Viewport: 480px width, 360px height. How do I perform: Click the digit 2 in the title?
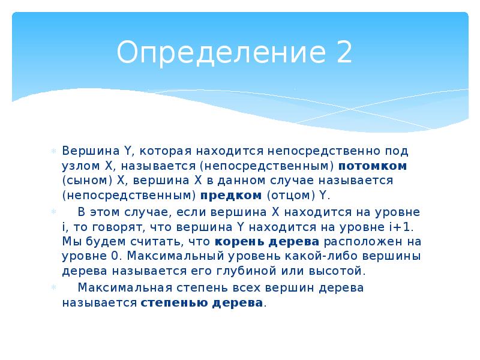pos(343,52)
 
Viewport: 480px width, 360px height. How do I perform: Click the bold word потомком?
pos(373,165)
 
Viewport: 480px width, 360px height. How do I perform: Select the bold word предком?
pos(231,195)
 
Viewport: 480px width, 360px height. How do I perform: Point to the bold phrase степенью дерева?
pos(202,302)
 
